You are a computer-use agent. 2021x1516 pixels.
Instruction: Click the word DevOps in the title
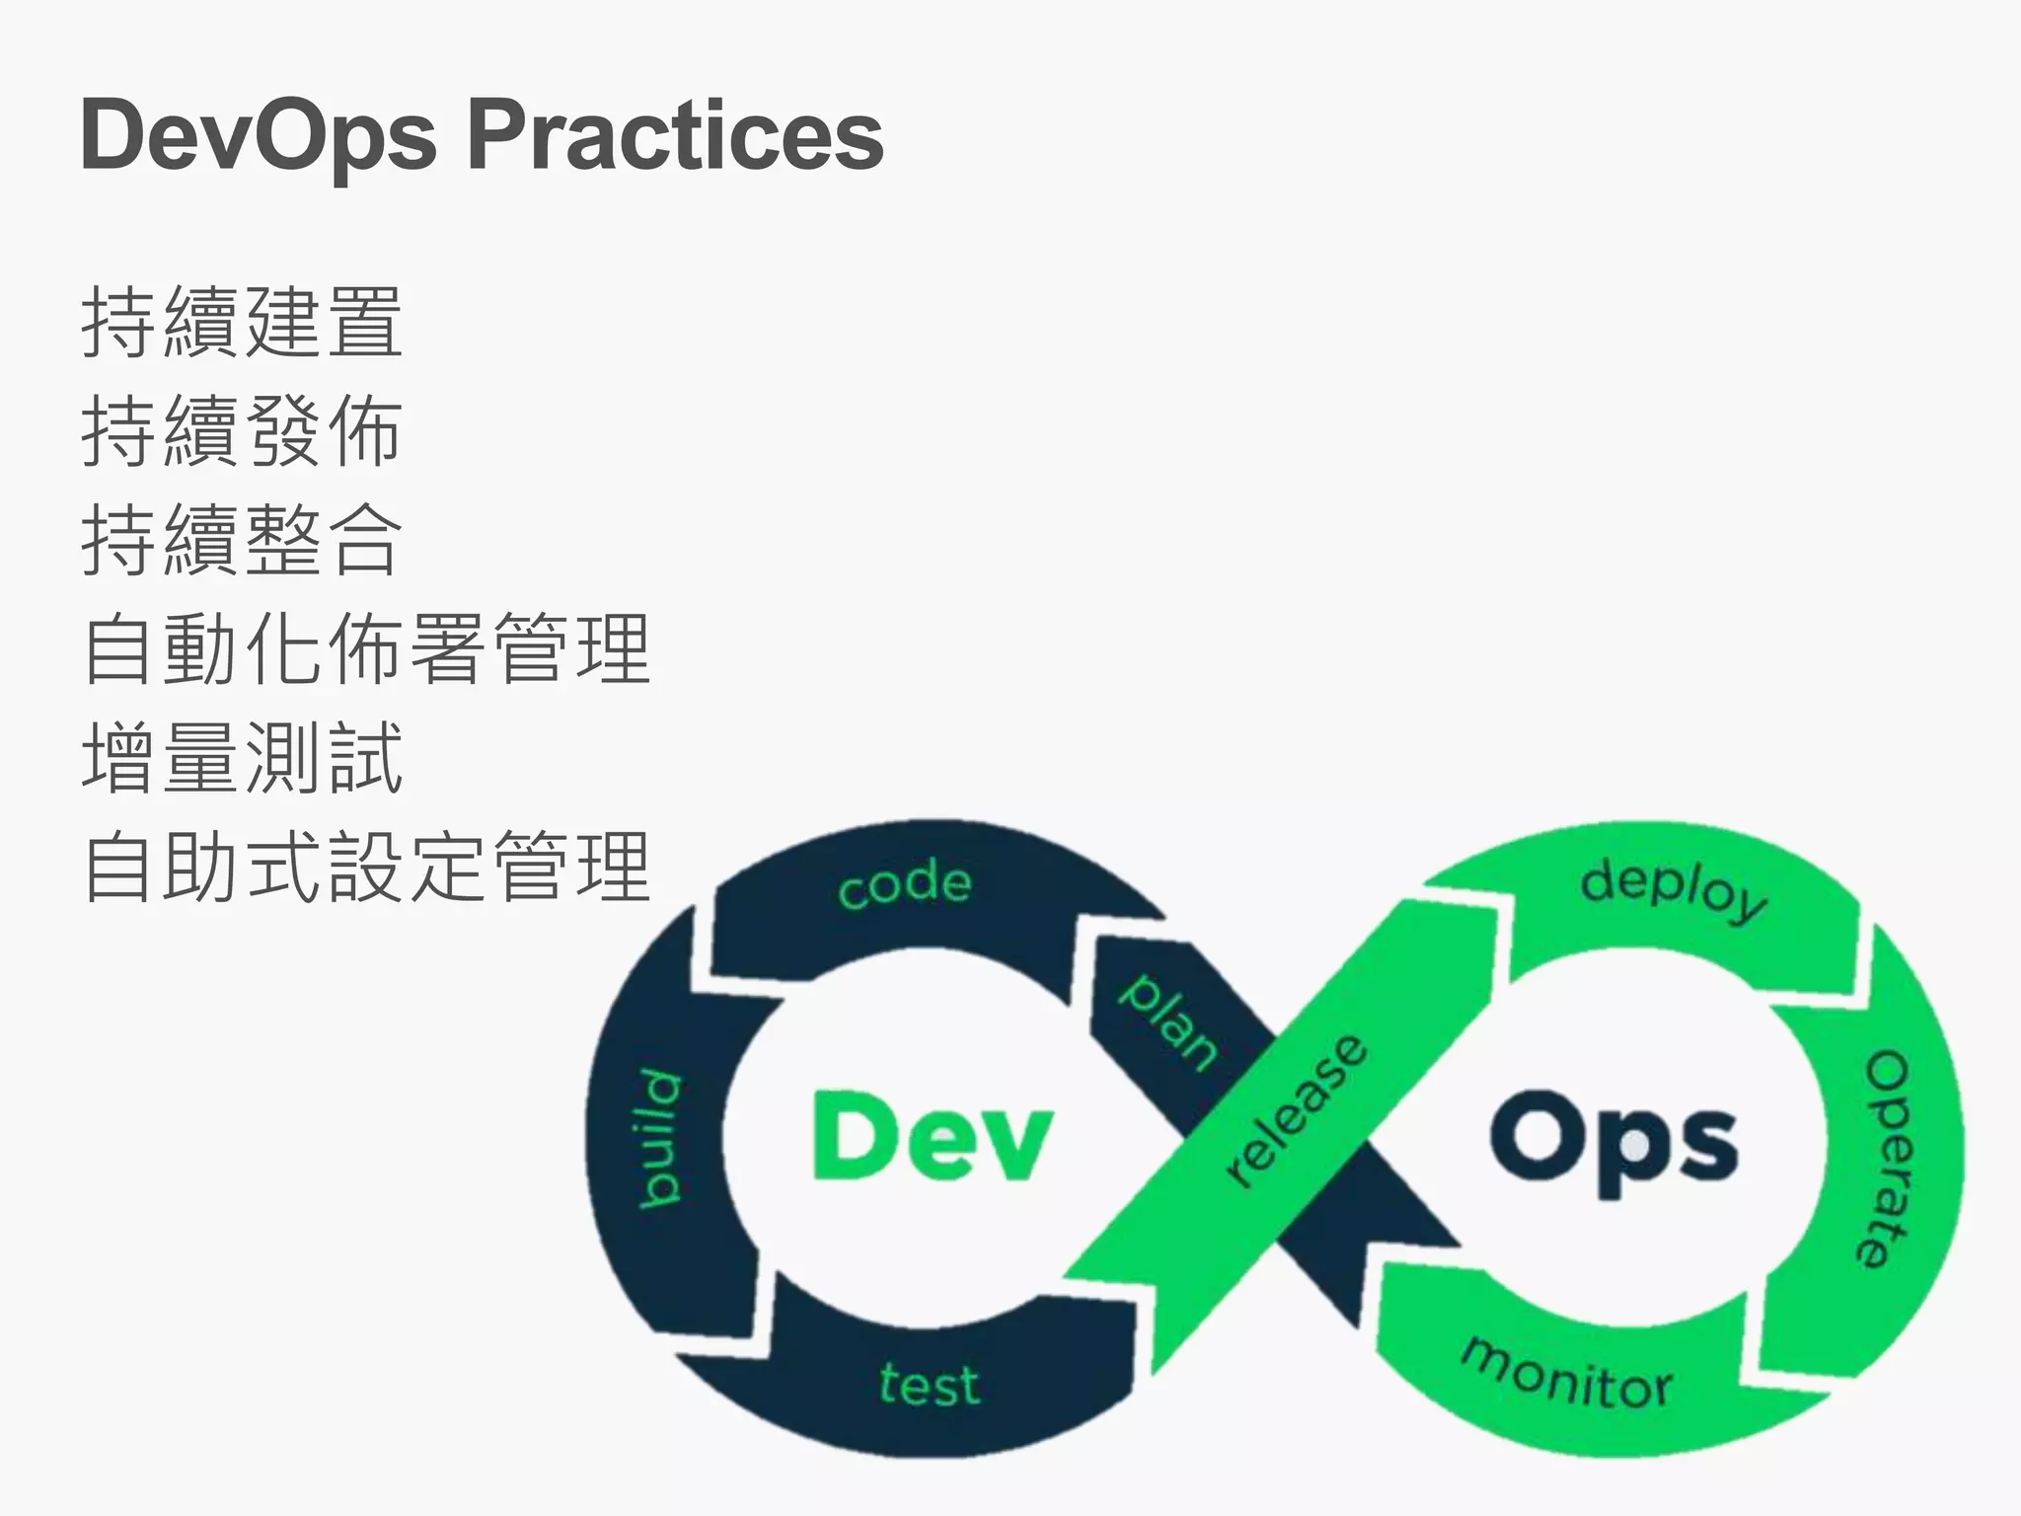259,136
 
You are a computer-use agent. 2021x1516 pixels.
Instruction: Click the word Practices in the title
676,136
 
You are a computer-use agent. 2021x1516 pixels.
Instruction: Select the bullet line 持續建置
242,322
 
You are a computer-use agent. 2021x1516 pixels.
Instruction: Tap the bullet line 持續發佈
242,430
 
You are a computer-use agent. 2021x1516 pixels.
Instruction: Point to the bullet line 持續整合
242,539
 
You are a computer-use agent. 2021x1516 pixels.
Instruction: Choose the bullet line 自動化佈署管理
366,648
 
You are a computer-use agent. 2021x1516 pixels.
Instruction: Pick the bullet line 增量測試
242,757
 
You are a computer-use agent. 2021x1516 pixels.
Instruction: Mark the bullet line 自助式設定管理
366,867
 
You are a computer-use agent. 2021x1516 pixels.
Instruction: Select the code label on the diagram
905,884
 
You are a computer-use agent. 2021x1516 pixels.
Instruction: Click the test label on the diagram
930,1384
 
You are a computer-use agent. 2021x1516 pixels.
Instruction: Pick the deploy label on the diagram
1674,889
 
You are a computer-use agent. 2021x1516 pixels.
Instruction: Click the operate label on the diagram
1886,1158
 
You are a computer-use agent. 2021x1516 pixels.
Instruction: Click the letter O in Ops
1534,1136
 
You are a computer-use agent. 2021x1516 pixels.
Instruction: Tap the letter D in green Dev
851,1136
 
